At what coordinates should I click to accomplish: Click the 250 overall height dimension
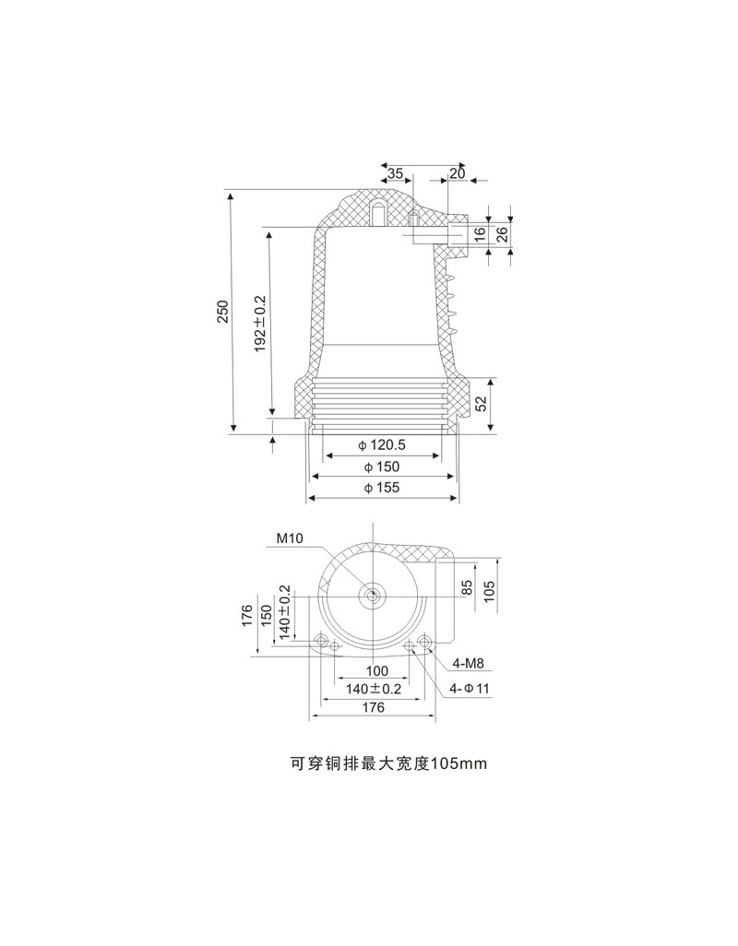(x=223, y=311)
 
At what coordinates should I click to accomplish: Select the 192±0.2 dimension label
(x=261, y=324)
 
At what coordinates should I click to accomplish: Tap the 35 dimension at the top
(x=395, y=173)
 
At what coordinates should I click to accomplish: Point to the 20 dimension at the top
(x=458, y=173)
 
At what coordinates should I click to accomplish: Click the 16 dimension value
(x=480, y=234)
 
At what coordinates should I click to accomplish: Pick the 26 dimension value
(x=502, y=233)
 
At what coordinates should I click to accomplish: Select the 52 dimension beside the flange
(x=481, y=403)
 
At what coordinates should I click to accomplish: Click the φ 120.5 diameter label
(x=381, y=445)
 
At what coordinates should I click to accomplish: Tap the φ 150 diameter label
(x=381, y=467)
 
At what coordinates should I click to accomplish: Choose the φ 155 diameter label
(x=381, y=488)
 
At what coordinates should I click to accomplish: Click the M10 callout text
(x=290, y=538)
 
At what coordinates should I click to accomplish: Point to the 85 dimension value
(x=467, y=588)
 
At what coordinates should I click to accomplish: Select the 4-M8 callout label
(x=469, y=664)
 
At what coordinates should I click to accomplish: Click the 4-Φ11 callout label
(x=470, y=689)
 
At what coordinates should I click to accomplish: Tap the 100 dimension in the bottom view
(x=377, y=671)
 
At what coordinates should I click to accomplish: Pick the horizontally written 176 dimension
(x=374, y=707)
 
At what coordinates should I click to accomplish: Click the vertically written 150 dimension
(x=266, y=615)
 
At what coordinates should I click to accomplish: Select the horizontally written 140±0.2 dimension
(x=374, y=689)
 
